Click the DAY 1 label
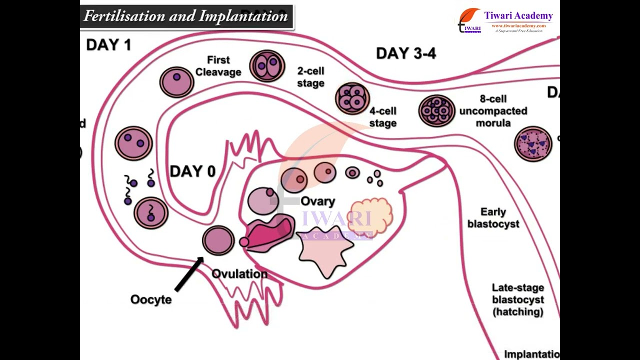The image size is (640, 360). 108,45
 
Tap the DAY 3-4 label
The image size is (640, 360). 406,53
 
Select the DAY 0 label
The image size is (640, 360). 192,172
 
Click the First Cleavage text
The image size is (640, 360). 218,66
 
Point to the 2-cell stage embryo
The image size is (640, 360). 267,66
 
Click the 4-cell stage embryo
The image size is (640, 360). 352,98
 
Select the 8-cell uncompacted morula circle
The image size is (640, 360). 436,110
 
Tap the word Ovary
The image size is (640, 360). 317,201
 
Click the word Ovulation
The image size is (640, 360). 239,274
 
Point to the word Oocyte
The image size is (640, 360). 151,299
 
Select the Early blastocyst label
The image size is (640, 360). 493,218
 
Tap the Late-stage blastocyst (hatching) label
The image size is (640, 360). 517,299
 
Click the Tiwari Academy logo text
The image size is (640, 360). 518,16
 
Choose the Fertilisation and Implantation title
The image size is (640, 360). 185,16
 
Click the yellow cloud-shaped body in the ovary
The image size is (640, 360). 370,216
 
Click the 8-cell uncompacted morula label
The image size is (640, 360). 492,110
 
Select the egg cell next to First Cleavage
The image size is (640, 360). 176,82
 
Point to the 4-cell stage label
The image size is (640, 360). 382,117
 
